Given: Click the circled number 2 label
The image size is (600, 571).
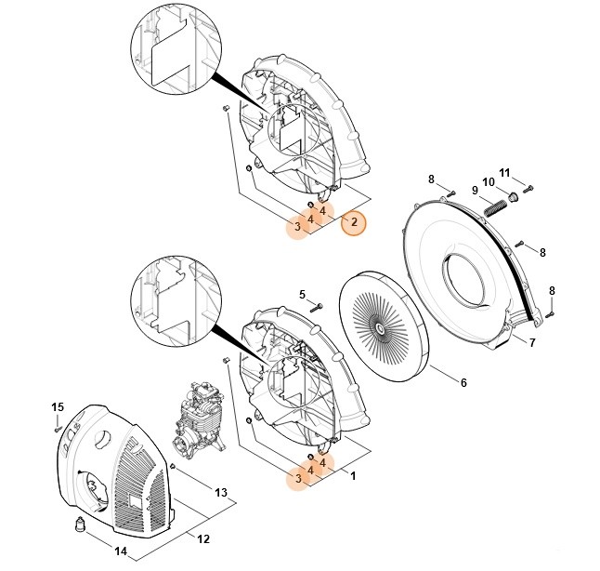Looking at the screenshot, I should (x=353, y=222).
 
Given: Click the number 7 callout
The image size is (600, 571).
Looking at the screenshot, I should (x=532, y=343).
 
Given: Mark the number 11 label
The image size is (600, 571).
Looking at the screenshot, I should (x=505, y=172).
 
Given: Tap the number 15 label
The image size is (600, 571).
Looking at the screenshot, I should (x=57, y=407).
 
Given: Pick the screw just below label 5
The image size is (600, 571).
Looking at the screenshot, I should (x=317, y=306).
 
